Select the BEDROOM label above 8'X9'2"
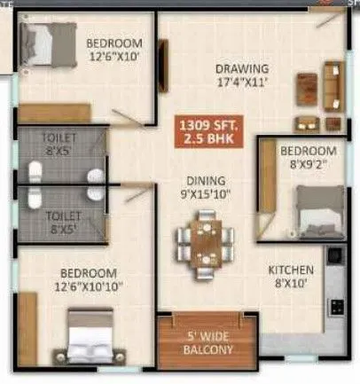click(308, 151)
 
